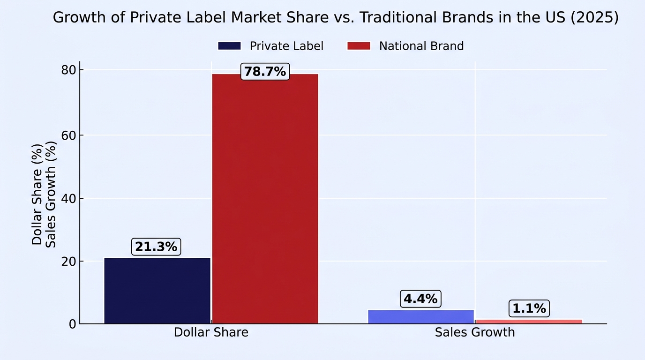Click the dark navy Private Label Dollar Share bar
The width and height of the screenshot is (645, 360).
point(157,291)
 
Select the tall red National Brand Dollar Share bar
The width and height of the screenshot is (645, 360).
point(265,199)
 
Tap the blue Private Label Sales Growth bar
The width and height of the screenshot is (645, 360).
point(421,317)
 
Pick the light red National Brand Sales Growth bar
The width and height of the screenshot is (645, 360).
point(529,322)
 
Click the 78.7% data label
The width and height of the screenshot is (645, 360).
point(265,72)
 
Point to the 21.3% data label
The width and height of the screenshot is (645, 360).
point(156,247)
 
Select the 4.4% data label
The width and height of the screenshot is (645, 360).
point(420,299)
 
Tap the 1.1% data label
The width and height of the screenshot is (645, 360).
point(529,309)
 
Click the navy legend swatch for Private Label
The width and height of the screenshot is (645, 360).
point(229,46)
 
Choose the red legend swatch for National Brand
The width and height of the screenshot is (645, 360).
point(359,46)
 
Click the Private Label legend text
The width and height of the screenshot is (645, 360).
point(286,46)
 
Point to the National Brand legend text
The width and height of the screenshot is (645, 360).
point(421,46)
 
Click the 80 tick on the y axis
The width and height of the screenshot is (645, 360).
point(68,70)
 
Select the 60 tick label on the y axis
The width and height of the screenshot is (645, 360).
point(68,135)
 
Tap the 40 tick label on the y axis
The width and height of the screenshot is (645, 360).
point(68,198)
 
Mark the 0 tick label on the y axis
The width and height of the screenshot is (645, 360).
point(72,324)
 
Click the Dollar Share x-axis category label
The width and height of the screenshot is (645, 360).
point(211,332)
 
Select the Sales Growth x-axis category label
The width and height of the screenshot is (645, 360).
point(475,332)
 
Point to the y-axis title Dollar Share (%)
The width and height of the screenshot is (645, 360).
point(37,195)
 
